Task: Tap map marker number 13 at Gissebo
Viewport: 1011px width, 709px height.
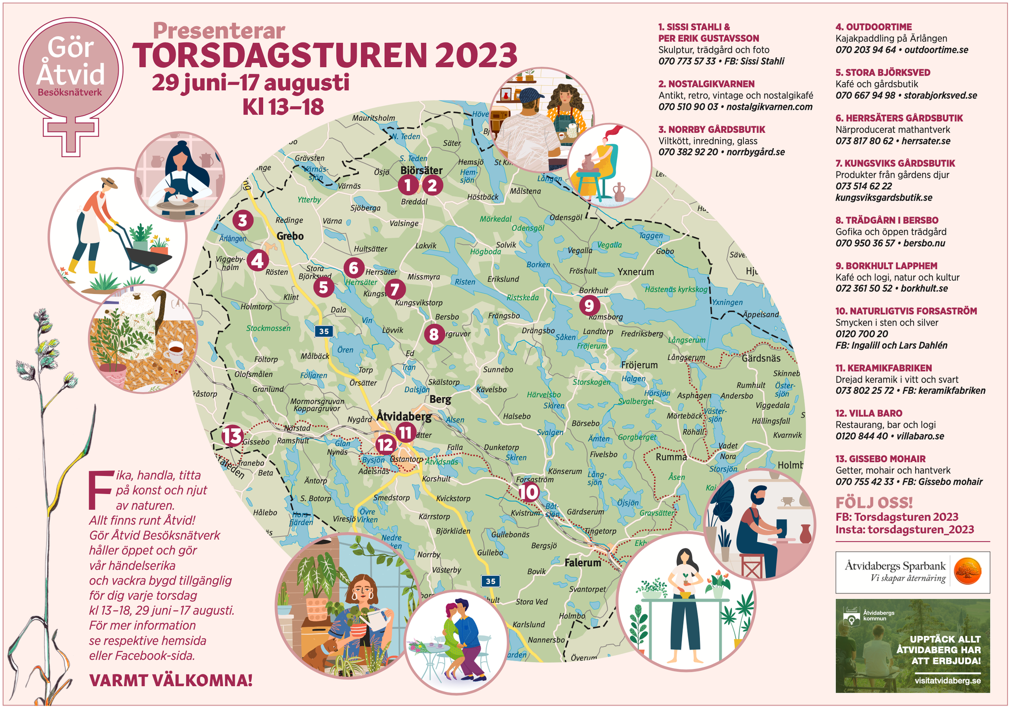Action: [x=232, y=436]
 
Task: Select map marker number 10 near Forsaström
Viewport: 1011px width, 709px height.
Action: [x=528, y=492]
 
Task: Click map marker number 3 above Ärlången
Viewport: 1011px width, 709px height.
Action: [x=242, y=220]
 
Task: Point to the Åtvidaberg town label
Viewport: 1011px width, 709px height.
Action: [x=404, y=417]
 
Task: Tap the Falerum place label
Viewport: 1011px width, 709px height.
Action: [x=583, y=562]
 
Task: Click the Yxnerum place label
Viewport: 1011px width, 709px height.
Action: [x=635, y=272]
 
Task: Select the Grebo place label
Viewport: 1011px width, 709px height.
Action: [x=290, y=236]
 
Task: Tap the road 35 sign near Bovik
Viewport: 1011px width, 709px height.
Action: [x=490, y=581]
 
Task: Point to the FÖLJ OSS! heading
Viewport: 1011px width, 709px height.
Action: [x=874, y=503]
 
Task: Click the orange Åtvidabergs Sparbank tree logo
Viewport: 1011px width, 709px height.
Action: [x=968, y=572]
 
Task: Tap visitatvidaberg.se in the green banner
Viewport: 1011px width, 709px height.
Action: [x=947, y=680]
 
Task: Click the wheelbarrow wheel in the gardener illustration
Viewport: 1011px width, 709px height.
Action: [x=153, y=268]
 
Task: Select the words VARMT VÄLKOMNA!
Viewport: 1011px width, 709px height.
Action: [x=171, y=680]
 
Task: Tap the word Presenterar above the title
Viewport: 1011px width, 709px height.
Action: [x=219, y=31]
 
